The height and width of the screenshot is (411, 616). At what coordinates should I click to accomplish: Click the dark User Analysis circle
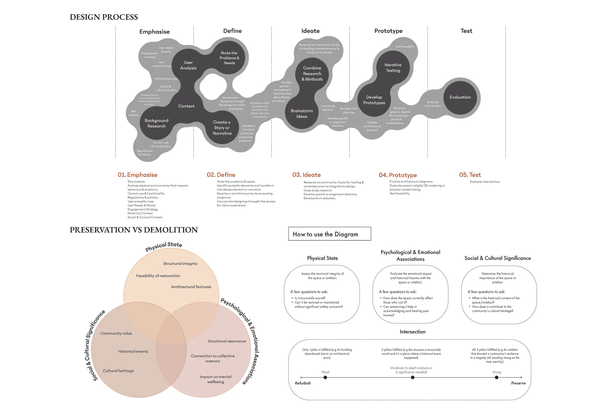[188, 65]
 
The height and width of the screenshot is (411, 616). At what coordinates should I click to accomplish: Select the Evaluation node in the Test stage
[460, 97]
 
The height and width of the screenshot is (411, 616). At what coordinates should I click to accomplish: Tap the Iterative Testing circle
[393, 67]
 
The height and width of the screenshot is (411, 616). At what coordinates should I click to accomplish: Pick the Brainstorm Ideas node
[302, 114]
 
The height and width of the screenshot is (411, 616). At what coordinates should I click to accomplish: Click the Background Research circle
[157, 123]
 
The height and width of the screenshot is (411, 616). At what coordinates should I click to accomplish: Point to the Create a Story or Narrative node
[222, 128]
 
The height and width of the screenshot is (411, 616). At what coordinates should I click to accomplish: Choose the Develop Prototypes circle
[374, 100]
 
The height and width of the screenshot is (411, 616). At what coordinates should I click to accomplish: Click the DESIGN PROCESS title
[104, 17]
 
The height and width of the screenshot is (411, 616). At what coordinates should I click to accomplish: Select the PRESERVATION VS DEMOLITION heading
[133, 230]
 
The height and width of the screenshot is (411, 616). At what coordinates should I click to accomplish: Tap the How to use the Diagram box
[329, 234]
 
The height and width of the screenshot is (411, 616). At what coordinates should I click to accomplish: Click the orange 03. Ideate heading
[306, 175]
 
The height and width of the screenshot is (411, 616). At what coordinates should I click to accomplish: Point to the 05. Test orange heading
[470, 175]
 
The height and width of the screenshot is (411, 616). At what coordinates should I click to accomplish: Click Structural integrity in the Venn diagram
[180, 264]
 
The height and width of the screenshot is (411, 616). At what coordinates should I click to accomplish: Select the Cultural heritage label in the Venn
[118, 371]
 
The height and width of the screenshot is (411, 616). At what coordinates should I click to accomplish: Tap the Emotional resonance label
[227, 341]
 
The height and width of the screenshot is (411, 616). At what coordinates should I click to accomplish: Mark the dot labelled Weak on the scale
[325, 377]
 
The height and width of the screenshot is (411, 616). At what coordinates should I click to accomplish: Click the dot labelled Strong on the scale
[497, 377]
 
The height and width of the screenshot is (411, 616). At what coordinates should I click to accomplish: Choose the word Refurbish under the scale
[303, 383]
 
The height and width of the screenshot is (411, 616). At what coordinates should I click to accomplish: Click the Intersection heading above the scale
[413, 332]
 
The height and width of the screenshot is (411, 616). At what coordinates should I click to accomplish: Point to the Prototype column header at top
[388, 31]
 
